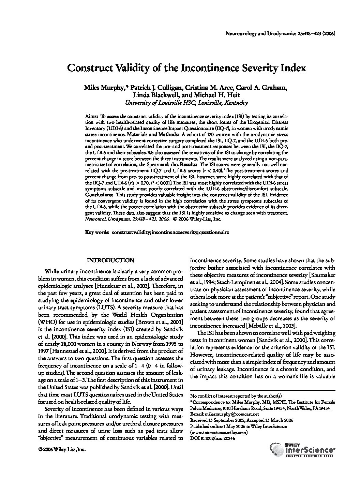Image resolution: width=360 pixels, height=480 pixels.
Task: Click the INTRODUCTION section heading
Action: (x=110, y=260)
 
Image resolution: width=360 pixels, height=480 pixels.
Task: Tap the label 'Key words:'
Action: (x=97, y=232)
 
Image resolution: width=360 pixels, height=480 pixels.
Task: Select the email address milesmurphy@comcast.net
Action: (x=214, y=414)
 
